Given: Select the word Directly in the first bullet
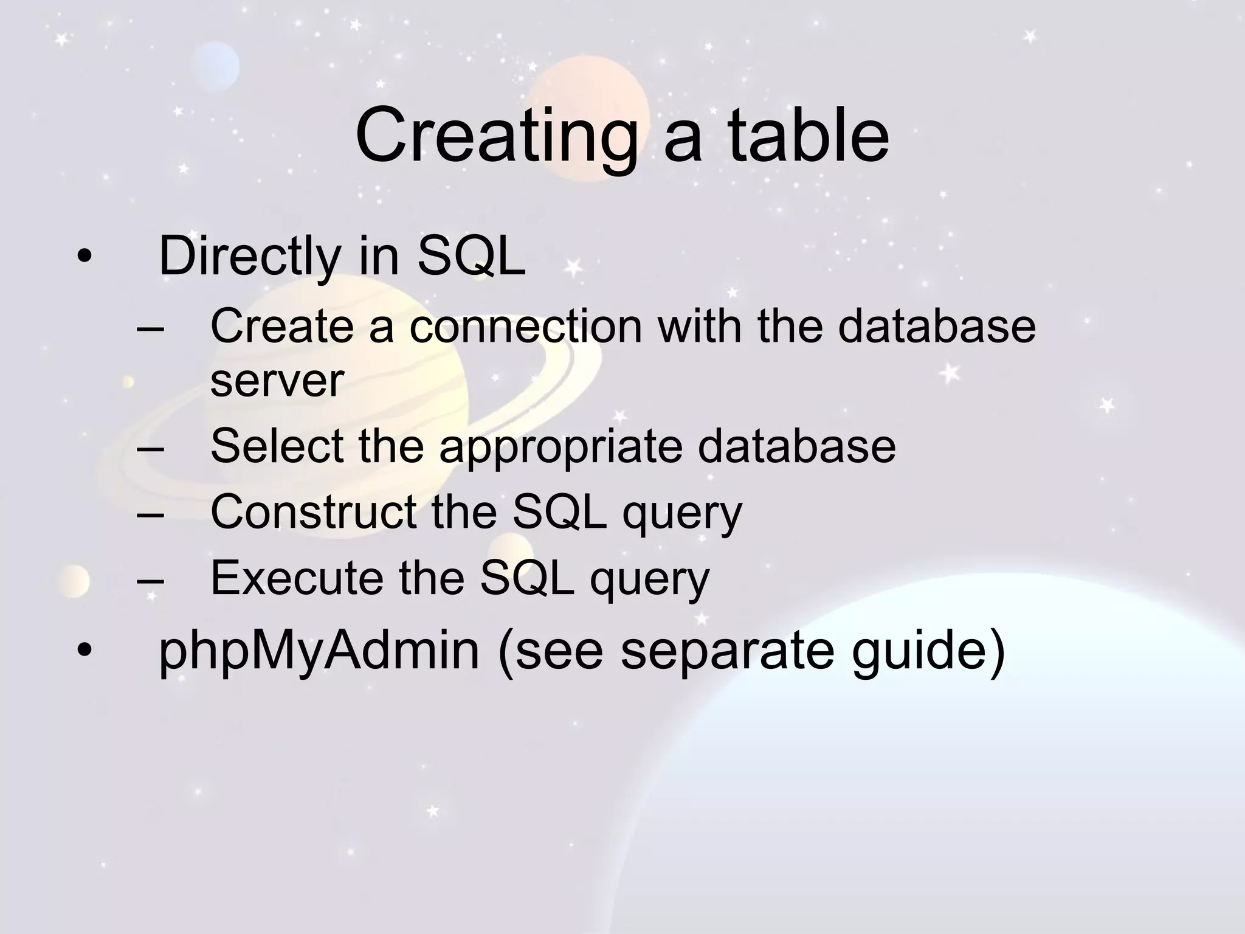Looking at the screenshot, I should pyautogui.click(x=249, y=256).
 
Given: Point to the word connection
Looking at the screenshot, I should pyautogui.click(x=525, y=327).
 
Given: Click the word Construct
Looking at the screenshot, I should pyautogui.click(x=314, y=512).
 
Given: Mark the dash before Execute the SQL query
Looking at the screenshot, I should pyautogui.click(x=151, y=578).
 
